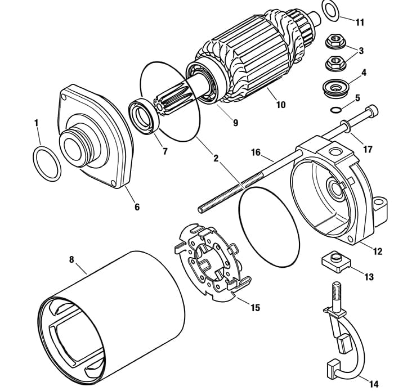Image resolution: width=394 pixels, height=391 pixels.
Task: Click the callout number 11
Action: [360, 23]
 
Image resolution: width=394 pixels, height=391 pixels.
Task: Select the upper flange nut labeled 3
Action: [335, 42]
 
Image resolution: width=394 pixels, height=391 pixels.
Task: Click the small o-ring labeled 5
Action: [335, 110]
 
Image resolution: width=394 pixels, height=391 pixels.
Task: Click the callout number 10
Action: [281, 105]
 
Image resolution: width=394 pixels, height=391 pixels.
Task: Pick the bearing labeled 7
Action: [144, 116]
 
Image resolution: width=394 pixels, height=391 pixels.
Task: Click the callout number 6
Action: [137, 207]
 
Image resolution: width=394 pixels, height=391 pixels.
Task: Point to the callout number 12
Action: [378, 251]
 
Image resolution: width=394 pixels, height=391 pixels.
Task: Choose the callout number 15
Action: [255, 308]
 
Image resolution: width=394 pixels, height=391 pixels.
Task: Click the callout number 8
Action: [71, 259]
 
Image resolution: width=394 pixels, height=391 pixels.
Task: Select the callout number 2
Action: [216, 158]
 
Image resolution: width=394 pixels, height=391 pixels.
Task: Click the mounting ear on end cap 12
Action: [380, 210]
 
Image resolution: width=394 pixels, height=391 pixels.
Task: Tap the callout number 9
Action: [235, 123]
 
